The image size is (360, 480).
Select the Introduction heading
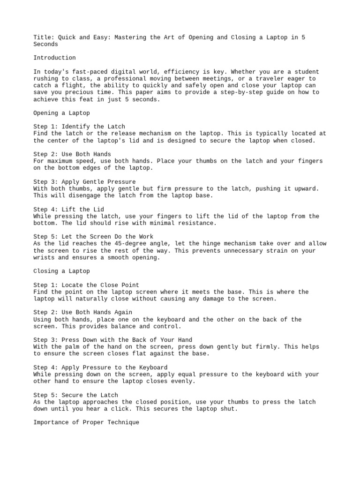coord(54,58)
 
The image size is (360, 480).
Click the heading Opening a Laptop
coord(61,113)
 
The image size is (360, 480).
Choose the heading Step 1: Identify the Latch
coord(79,127)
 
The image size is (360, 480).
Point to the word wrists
coord(44,257)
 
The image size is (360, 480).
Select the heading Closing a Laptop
coord(61,271)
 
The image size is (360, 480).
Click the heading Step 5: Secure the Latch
coord(75,395)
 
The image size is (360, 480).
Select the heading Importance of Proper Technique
coord(86,422)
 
